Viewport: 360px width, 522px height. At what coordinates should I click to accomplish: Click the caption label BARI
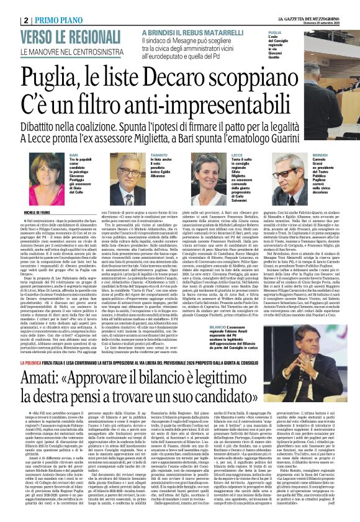click(74, 155)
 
